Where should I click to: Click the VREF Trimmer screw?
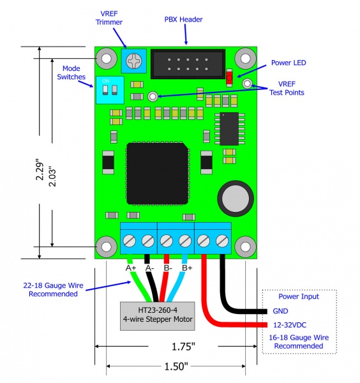tap(134, 61)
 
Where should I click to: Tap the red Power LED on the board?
tap(229, 78)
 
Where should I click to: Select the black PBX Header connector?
tap(188, 64)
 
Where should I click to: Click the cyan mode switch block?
tap(110, 90)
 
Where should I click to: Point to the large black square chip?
tap(158, 174)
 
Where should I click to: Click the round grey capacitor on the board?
tap(236, 199)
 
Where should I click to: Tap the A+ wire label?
tap(131, 268)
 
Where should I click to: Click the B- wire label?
tap(168, 268)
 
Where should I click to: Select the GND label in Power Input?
tap(280, 311)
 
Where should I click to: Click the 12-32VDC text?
tap(290, 325)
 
